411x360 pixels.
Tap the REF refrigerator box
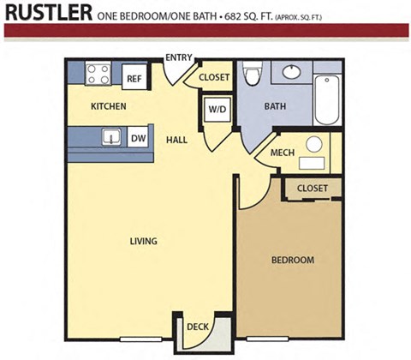click(x=134, y=78)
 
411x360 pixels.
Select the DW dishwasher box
click(x=138, y=137)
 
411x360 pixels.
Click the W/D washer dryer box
click(x=214, y=110)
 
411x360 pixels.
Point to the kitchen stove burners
click(x=98, y=74)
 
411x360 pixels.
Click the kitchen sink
click(x=110, y=136)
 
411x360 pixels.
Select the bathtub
click(x=326, y=99)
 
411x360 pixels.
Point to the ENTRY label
click(x=179, y=58)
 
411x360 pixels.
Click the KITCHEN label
click(x=109, y=106)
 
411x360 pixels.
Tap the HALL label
click(x=177, y=140)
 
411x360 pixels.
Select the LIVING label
click(x=143, y=241)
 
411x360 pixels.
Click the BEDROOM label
click(x=292, y=260)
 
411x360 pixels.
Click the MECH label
click(x=283, y=153)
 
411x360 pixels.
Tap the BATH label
click(x=275, y=107)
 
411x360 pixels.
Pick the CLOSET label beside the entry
click(x=214, y=77)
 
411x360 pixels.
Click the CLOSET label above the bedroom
click(x=313, y=188)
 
